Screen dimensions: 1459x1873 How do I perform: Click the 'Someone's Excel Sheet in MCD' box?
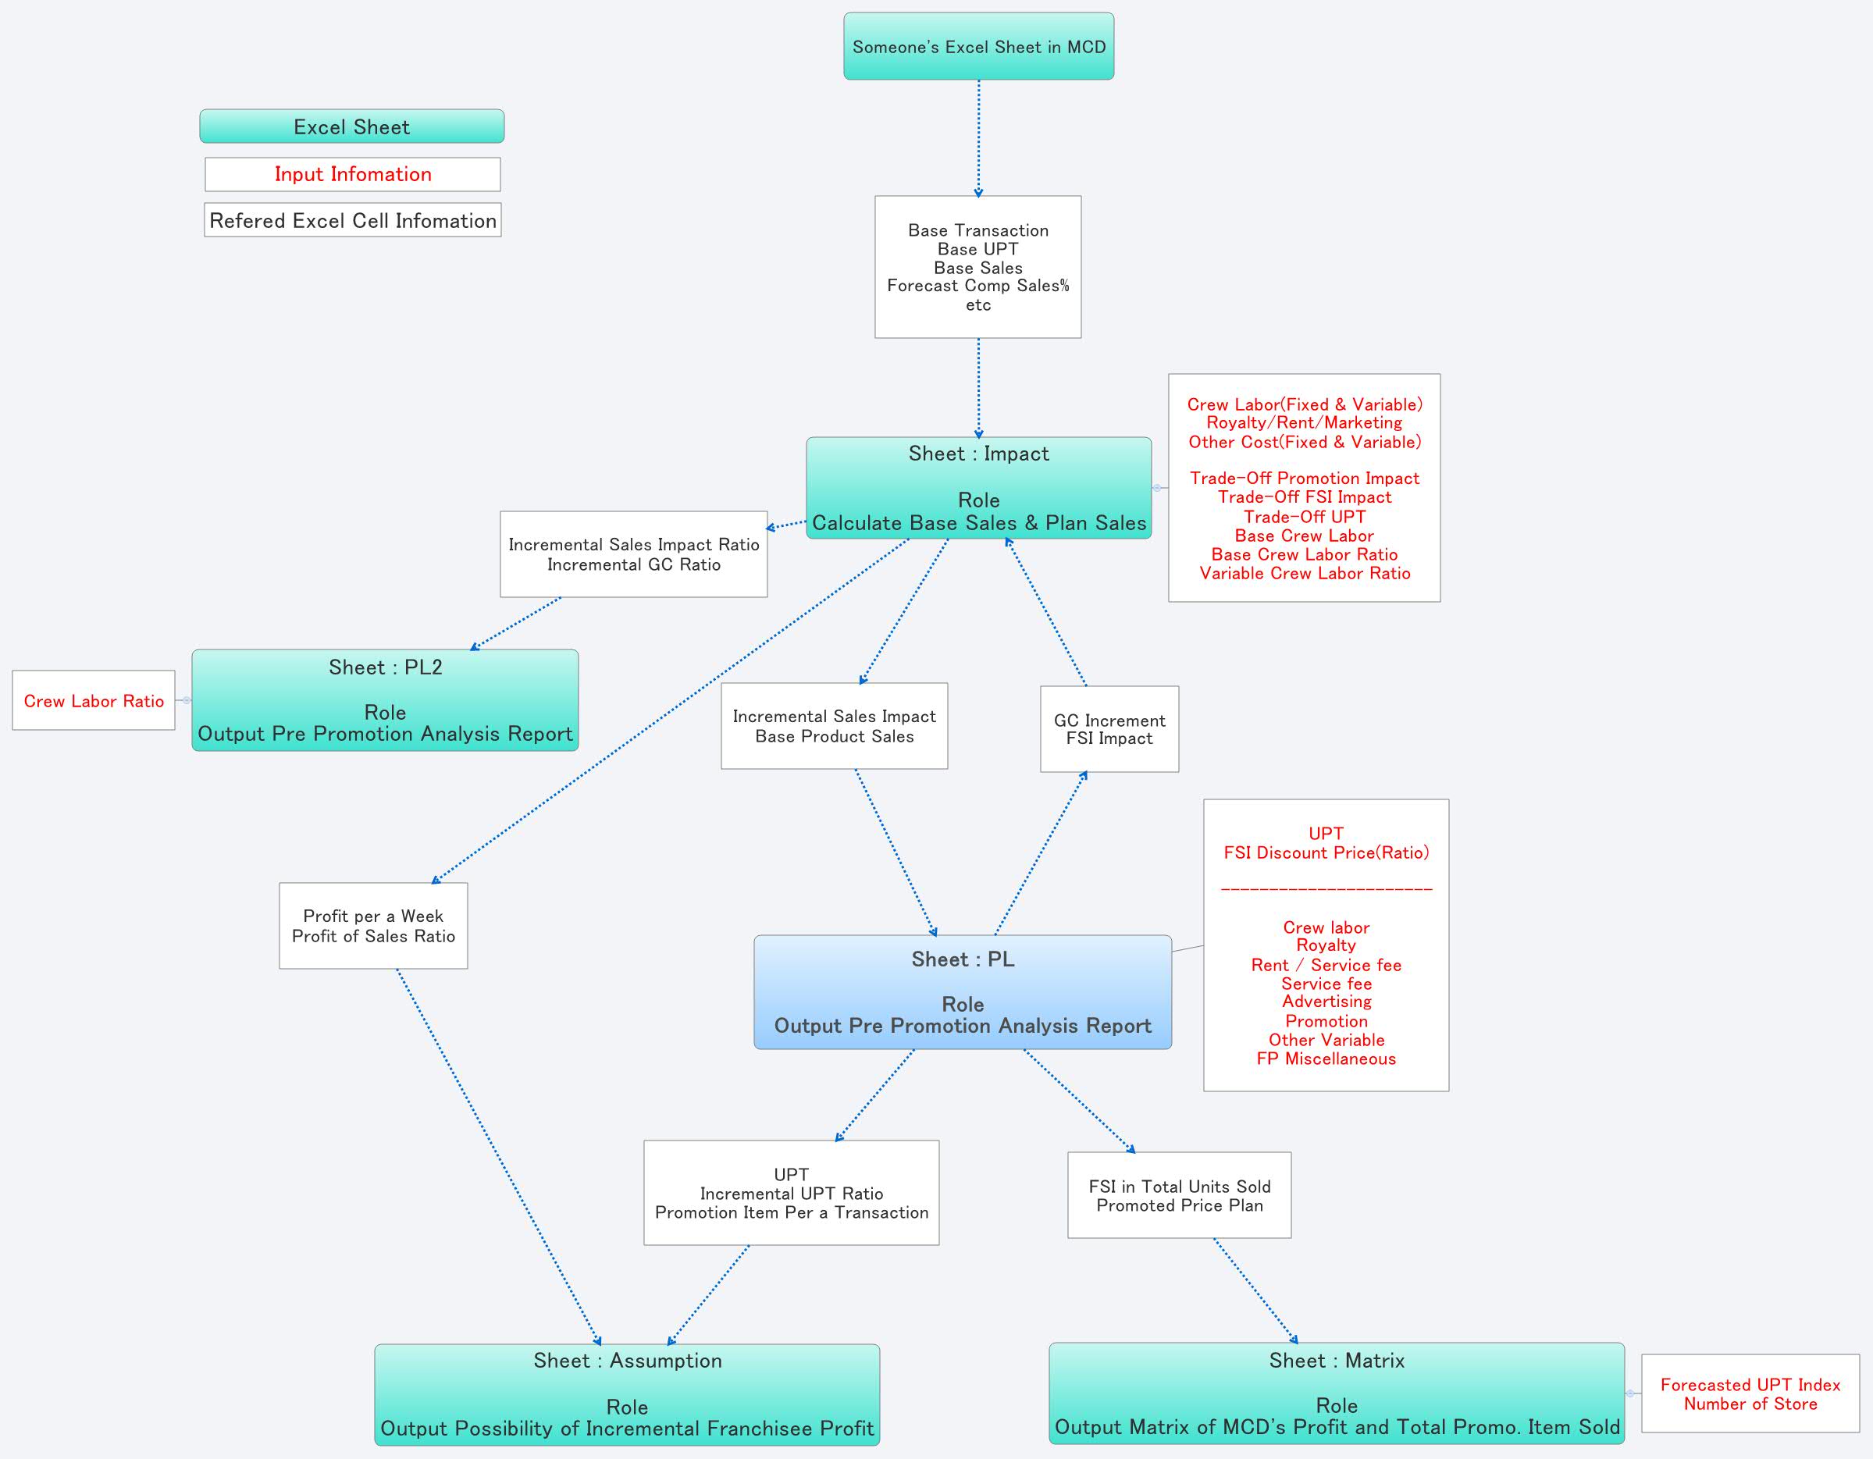(978, 46)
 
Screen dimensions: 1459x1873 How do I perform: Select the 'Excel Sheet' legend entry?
(351, 127)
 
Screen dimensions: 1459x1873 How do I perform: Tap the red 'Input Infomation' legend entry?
(352, 174)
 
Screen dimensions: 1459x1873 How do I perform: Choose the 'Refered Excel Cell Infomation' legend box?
(352, 220)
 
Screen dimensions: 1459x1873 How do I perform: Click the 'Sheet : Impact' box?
(978, 488)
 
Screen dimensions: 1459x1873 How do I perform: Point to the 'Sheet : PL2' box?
(385, 700)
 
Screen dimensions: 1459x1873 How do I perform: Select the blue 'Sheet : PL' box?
(962, 991)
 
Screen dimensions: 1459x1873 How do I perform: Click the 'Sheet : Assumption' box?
(627, 1393)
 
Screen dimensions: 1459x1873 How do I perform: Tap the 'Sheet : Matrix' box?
(1336, 1393)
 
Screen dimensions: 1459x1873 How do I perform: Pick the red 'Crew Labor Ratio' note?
(94, 701)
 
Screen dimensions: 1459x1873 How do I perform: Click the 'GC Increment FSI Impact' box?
(1109, 729)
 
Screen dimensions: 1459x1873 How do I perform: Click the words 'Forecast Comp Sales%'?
(977, 286)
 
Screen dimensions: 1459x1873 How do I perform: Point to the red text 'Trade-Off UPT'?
(1305, 516)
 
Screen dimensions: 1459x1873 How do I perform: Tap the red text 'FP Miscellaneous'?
(1326, 1059)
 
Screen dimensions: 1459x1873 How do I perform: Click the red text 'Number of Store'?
(1750, 1404)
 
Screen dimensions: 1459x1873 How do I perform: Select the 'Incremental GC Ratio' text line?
(634, 564)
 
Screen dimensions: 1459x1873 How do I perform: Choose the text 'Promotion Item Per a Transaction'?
(792, 1212)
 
